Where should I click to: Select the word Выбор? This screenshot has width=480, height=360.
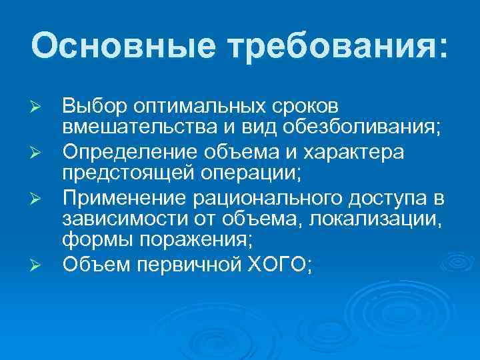tap(93, 106)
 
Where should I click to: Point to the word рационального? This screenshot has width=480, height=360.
tap(245, 197)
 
